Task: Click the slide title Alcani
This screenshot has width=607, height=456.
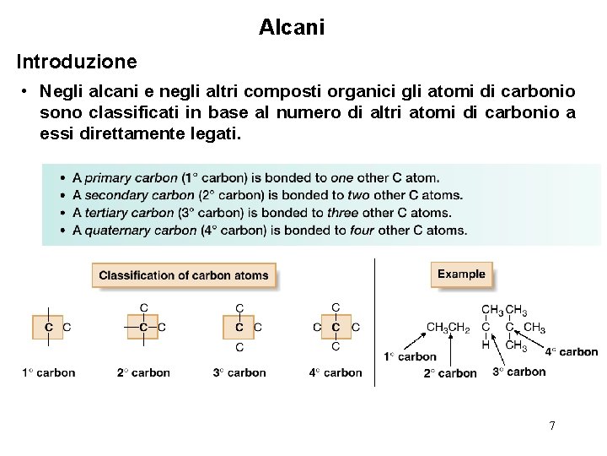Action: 292,27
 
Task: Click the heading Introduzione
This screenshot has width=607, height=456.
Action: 76,62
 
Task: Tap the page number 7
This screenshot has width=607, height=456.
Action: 552,426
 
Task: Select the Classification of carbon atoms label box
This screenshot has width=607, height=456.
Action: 184,274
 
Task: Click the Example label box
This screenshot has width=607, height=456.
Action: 461,274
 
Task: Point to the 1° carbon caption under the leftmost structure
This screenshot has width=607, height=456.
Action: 49,372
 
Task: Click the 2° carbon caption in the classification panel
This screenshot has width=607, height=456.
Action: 143,372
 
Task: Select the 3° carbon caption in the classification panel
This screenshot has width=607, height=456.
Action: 239,372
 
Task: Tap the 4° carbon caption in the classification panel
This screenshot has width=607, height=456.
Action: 336,372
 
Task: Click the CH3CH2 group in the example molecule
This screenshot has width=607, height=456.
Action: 448,328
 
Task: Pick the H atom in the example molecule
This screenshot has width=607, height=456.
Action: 486,345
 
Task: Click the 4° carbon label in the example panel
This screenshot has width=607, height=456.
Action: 571,352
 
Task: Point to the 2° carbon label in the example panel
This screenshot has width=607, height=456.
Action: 450,373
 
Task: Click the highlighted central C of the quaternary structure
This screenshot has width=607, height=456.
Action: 336,327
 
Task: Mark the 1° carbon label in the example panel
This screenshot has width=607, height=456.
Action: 410,356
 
